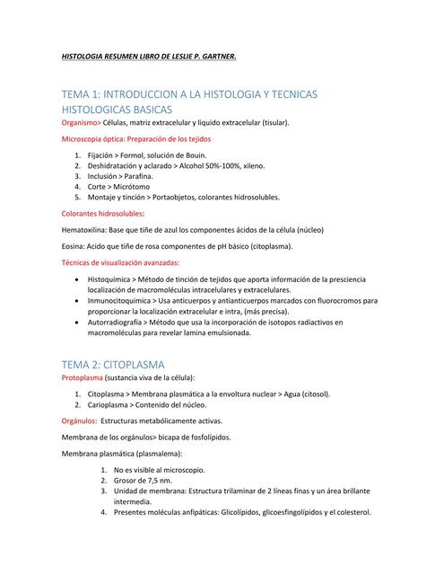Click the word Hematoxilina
85,230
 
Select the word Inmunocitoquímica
121,301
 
